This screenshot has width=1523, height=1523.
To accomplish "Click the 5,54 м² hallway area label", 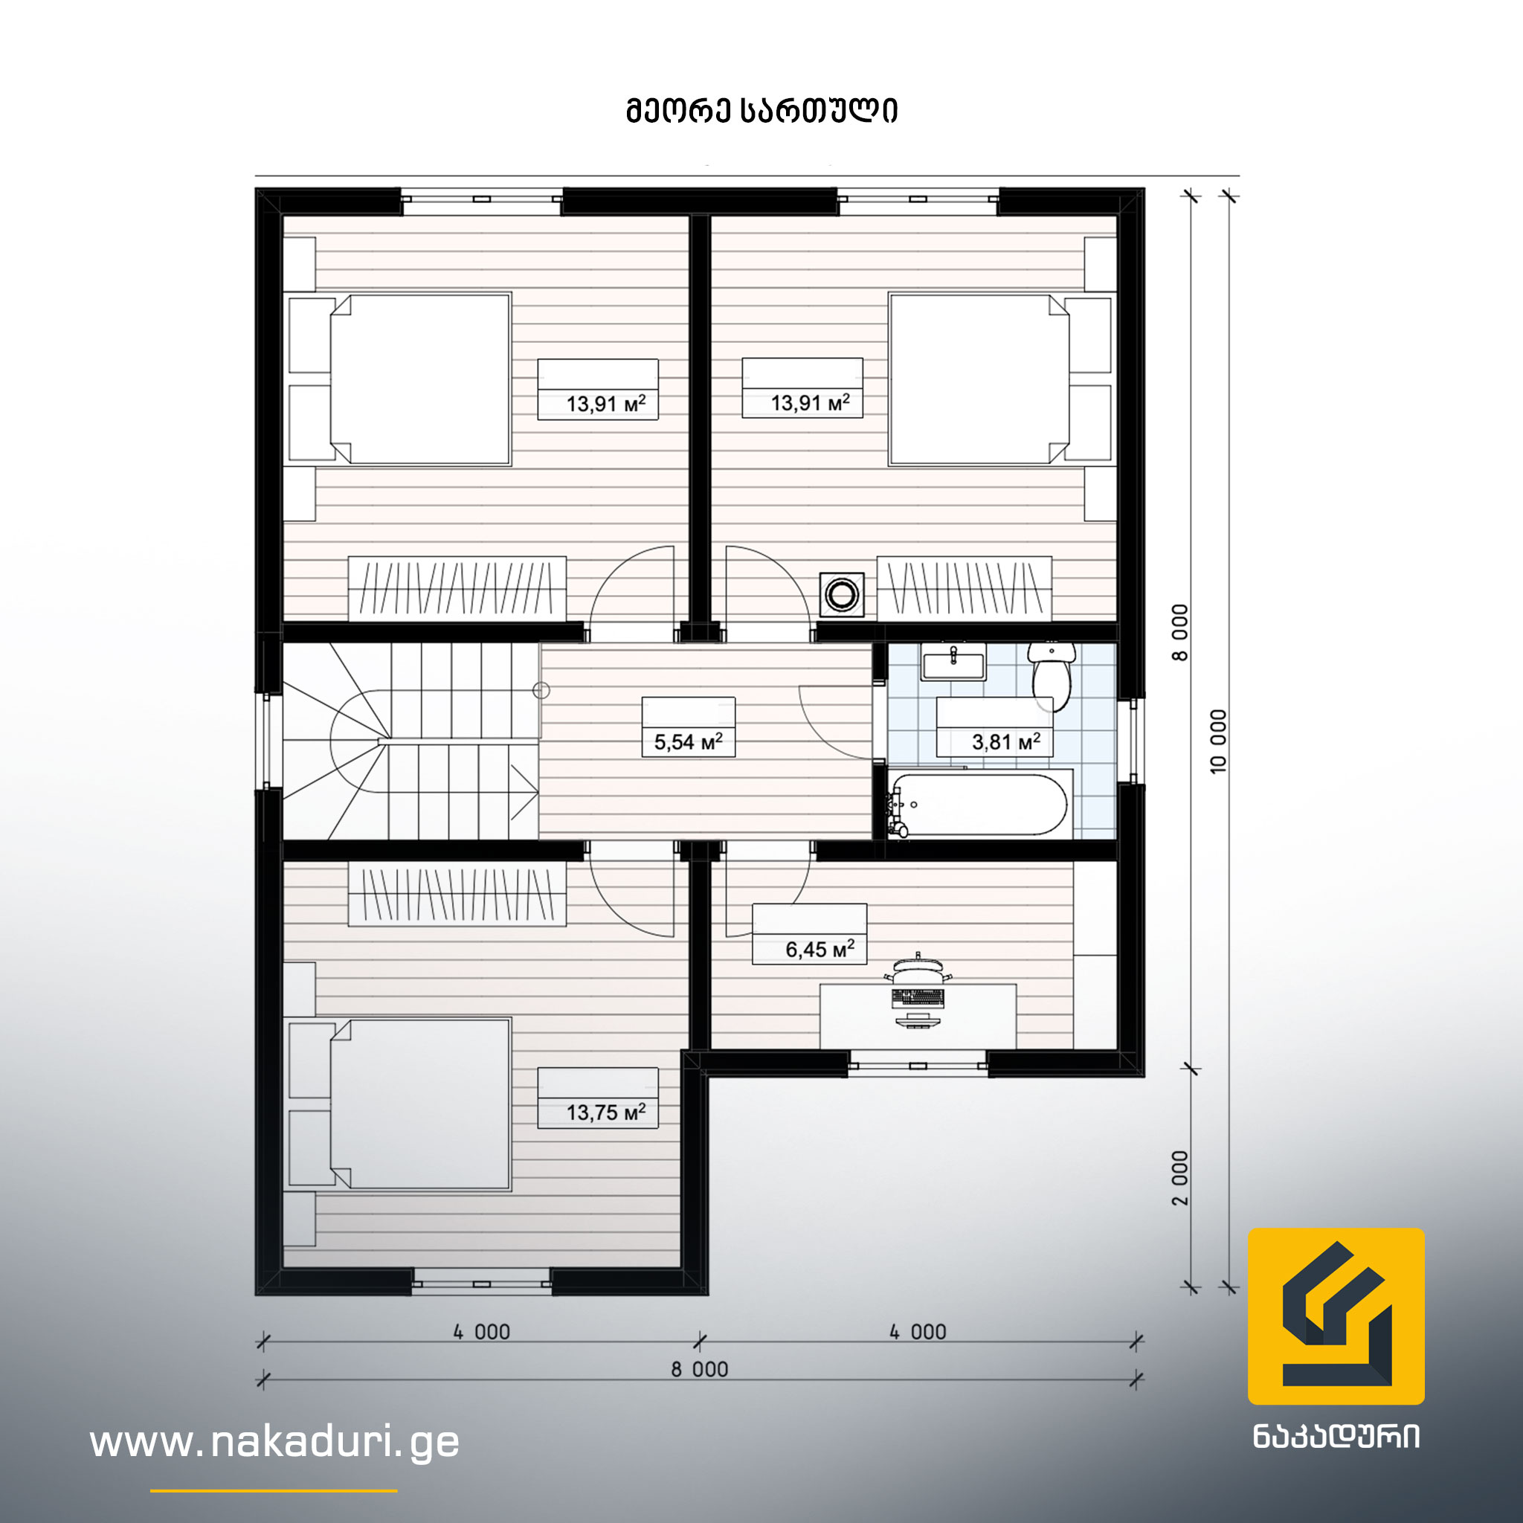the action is (688, 741).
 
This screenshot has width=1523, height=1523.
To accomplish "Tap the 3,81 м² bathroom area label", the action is (1006, 741).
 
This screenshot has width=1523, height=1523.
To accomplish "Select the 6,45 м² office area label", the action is (820, 949).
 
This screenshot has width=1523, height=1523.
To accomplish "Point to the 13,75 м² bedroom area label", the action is (605, 1113).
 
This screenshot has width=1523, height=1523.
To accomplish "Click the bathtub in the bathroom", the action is (980, 803).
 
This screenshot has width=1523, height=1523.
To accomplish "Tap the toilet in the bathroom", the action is (1052, 675).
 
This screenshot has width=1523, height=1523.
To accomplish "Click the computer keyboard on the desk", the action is (918, 998).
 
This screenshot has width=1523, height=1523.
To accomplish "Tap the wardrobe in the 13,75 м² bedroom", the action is (457, 895).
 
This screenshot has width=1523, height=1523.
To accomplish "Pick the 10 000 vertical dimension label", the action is (1218, 741).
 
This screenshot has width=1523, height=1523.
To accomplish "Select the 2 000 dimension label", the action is (1179, 1179).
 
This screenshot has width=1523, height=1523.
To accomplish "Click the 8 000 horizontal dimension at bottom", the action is (699, 1368).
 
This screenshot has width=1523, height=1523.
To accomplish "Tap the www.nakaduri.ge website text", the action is (274, 1442).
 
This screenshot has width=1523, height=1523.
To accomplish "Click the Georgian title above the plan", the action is (761, 111).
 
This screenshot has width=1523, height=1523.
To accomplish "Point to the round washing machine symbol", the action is (842, 594).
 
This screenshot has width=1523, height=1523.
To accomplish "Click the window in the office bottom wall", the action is (918, 1065).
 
